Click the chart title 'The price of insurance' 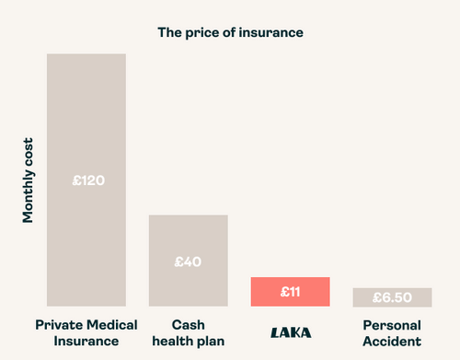pyautogui.click(x=230, y=32)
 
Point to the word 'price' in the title pyautogui.click(x=207, y=32)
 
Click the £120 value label pyautogui.click(x=87, y=180)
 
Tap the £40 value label pyautogui.click(x=188, y=261)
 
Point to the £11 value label pyautogui.click(x=290, y=291)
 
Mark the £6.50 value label pyautogui.click(x=392, y=298)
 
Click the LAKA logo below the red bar pyautogui.click(x=290, y=332)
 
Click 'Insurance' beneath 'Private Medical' pyautogui.click(x=86, y=342)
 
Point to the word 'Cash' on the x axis pyautogui.click(x=188, y=325)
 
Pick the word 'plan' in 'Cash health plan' pyautogui.click(x=213, y=342)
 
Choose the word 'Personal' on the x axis pyautogui.click(x=392, y=325)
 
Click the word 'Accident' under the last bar pyautogui.click(x=392, y=342)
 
